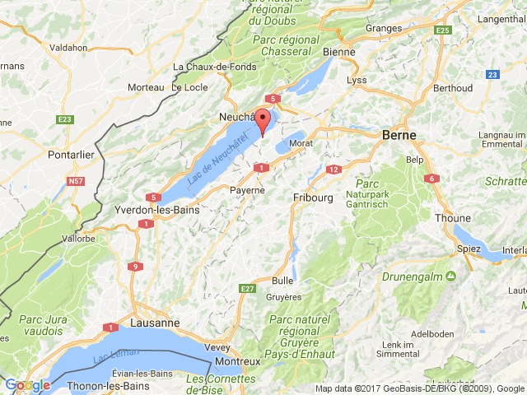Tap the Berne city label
pyautogui.click(x=399, y=135)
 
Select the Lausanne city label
pyautogui.click(x=156, y=323)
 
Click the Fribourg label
pyautogui.click(x=312, y=197)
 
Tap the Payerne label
pyautogui.click(x=247, y=190)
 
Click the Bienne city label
pyautogui.click(x=339, y=52)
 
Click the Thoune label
pyautogui.click(x=454, y=218)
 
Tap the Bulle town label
pyautogui.click(x=282, y=281)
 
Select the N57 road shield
pyautogui.click(x=77, y=180)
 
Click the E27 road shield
pyautogui.click(x=248, y=288)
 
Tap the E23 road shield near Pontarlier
pyautogui.click(x=65, y=120)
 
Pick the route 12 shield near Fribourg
pyautogui.click(x=333, y=170)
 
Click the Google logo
pyautogui.click(x=26, y=384)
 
